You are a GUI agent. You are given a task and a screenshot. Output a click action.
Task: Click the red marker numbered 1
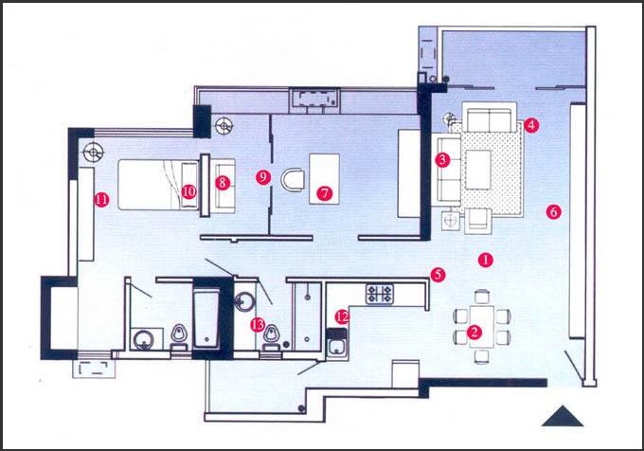coord(486,260)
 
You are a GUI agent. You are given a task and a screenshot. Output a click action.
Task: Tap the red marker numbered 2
coord(474,332)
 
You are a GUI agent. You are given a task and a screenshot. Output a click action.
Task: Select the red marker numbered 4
coord(531,125)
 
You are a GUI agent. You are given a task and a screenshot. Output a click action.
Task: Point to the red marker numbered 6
coord(554,212)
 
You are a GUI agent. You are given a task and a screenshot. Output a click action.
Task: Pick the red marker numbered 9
coord(263,177)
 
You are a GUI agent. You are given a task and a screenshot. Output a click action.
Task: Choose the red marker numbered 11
coord(101,200)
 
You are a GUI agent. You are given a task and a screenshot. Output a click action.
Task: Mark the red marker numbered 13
coord(258,325)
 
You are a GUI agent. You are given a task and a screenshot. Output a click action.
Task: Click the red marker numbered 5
coord(438,275)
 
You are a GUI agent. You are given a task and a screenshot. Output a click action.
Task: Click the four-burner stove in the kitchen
coord(380,294)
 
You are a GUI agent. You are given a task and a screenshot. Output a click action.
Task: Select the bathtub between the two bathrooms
coord(206,318)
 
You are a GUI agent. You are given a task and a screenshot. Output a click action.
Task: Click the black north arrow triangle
coord(563,416)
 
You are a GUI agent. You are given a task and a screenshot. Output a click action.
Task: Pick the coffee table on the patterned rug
coord(478,170)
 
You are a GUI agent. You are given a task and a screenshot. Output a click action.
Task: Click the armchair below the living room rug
coord(477,221)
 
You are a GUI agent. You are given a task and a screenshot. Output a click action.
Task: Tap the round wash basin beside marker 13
coord(244,301)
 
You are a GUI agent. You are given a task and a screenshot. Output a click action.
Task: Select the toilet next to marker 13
coord(271,337)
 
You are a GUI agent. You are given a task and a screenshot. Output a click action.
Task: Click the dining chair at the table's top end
coord(482,297)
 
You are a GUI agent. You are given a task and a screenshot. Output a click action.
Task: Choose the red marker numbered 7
coord(325,192)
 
